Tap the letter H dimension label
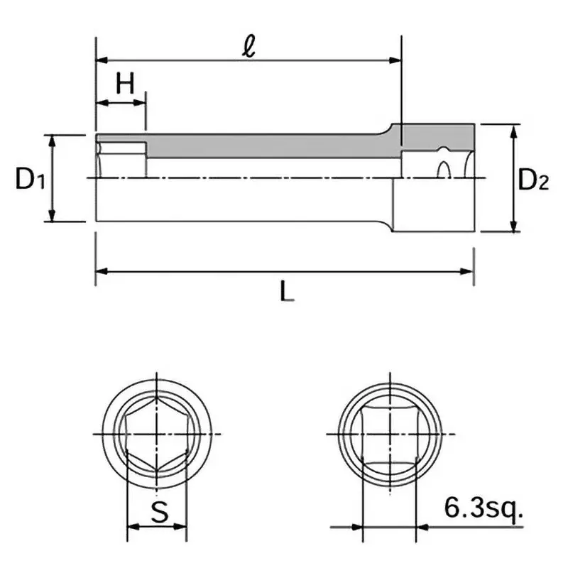(125, 85)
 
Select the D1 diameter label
(31, 180)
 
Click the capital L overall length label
(285, 292)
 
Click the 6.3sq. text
(483, 509)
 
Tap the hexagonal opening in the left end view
(158, 434)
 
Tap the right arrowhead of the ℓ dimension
(397, 60)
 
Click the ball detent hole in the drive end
(444, 170)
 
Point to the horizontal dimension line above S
(158, 528)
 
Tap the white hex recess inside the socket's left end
(122, 151)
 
